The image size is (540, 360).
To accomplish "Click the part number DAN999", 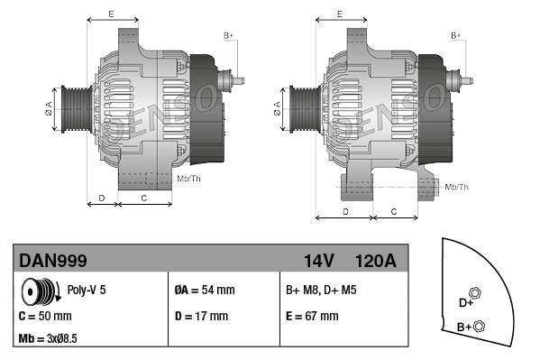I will (x=53, y=261).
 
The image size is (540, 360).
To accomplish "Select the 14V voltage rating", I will (x=319, y=261).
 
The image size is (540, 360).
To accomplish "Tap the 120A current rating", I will (x=376, y=261).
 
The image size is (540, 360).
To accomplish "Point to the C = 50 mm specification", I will (x=45, y=316).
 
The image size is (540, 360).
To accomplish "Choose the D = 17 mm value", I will (x=201, y=316).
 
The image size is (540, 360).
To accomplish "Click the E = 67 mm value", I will (x=312, y=316).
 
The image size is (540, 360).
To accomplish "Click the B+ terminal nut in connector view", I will (x=479, y=326).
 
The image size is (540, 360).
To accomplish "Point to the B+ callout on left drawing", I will (x=228, y=35).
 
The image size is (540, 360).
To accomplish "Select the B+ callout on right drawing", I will (x=456, y=35).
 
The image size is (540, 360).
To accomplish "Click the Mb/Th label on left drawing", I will (x=189, y=179).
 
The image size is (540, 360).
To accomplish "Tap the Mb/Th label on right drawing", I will (x=457, y=187).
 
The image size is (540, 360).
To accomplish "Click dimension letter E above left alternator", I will (x=110, y=14).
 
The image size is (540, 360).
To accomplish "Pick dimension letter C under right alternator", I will (x=394, y=211).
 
